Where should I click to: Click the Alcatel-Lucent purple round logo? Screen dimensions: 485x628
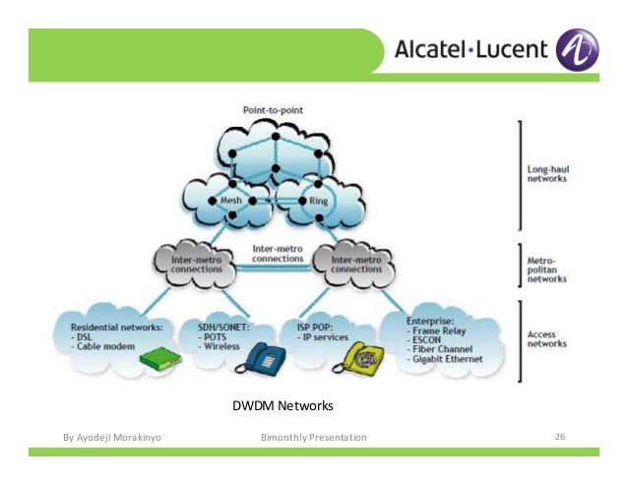tap(577, 48)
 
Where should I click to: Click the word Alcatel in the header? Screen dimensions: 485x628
tap(436, 49)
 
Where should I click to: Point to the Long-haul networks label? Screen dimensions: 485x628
tap(547, 175)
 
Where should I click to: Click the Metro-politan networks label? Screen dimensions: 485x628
tap(546, 266)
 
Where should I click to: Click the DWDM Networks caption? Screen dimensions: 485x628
tap(283, 405)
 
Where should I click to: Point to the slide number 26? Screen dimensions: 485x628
tap(561, 436)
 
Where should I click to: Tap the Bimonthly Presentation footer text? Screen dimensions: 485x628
tap(314, 437)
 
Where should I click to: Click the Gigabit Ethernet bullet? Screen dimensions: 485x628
tap(451, 359)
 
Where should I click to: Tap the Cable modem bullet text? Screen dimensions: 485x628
tap(111, 345)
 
